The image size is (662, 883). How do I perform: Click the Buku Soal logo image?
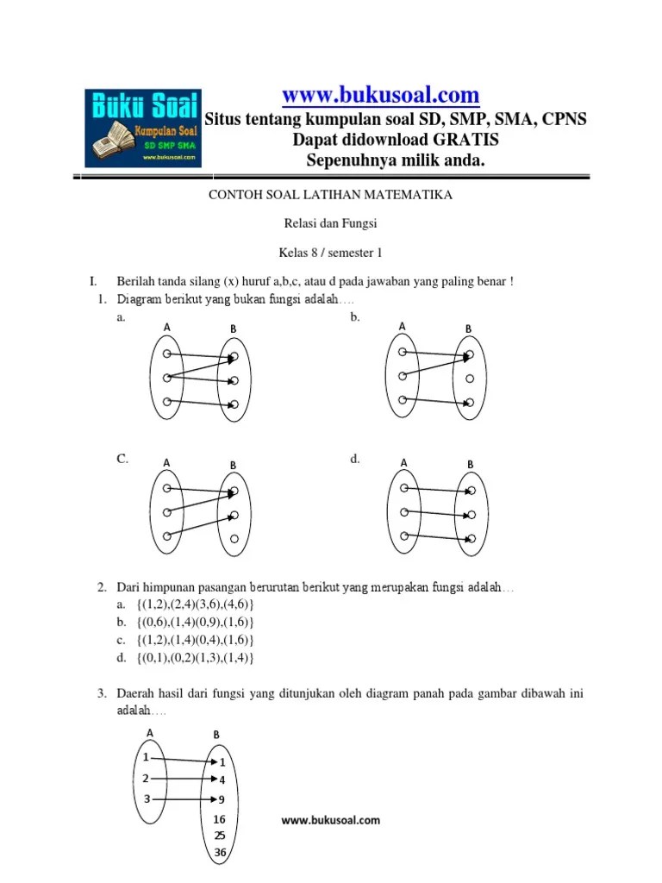point(143,128)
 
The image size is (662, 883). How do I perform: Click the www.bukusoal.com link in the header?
point(381,94)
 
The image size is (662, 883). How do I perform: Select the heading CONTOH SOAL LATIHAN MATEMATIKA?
point(331,196)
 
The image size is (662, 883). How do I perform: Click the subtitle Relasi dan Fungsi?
point(331,224)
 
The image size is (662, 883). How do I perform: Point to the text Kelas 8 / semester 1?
point(331,253)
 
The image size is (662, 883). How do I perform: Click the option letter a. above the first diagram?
point(122,317)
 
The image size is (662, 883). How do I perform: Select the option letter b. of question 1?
point(355,317)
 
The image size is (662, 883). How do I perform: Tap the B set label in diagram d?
point(470,464)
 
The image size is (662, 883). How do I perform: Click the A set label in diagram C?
point(166,464)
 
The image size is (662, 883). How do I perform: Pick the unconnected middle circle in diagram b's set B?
point(469,379)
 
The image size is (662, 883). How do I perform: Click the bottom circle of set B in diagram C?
point(234,540)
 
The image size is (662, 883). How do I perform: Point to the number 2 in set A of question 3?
point(147,778)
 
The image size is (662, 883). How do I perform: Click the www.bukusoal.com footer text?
point(330,820)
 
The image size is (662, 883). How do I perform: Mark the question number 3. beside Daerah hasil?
point(102,693)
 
